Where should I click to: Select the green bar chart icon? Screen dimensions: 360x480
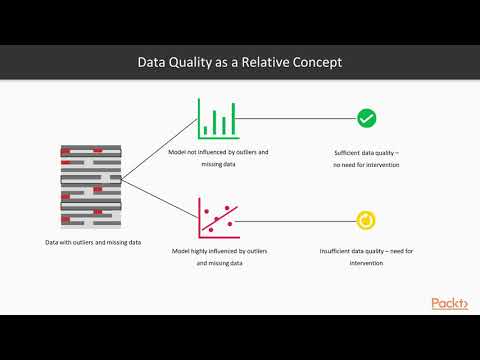(219, 118)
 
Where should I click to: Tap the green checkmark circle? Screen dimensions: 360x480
(367, 119)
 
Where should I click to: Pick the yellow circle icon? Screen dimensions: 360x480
(367, 219)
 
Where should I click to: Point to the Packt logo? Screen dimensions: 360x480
(449, 304)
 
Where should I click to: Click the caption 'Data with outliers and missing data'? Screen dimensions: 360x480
(93, 242)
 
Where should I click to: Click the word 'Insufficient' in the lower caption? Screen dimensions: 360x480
(339, 251)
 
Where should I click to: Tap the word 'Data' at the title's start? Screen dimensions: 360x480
(151, 62)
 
